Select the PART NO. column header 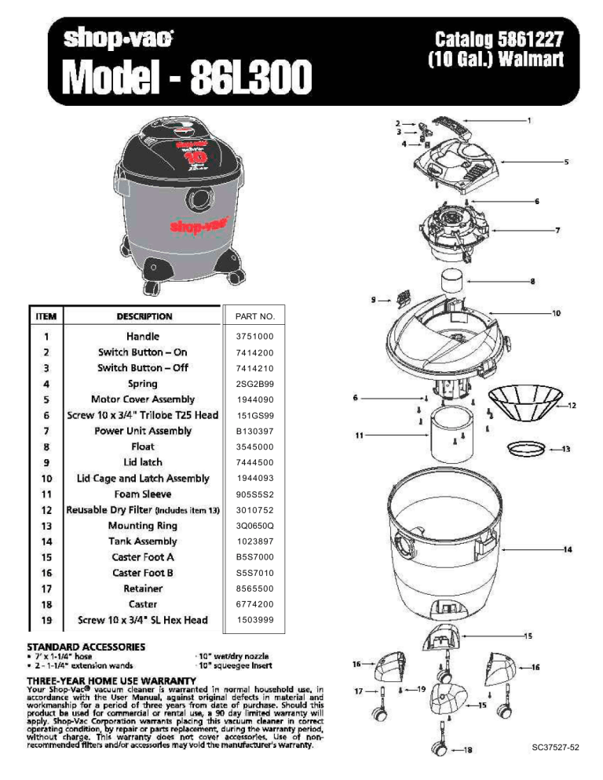click(255, 316)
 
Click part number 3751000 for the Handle click(255, 337)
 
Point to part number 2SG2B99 click(255, 384)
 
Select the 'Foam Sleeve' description click(143, 494)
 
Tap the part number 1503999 click(255, 620)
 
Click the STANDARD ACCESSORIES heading click(86, 647)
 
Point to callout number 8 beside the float click(532, 281)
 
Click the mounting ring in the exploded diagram click(524, 449)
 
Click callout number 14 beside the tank click(567, 549)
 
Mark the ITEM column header click(46, 316)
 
